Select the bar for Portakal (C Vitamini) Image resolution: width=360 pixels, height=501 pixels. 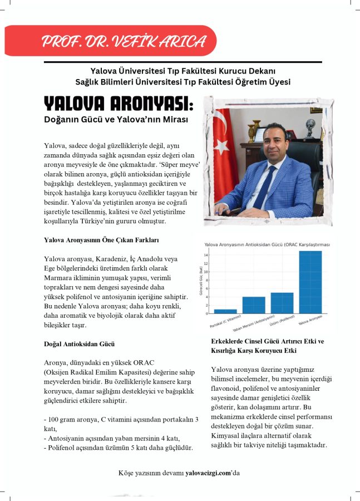[x=225, y=311]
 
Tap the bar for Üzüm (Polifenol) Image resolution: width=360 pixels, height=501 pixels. [x=282, y=303]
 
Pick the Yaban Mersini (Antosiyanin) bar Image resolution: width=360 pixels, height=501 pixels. [x=254, y=305]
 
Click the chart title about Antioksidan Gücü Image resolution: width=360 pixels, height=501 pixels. [x=268, y=244]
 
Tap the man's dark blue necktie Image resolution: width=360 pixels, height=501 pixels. [x=266, y=186]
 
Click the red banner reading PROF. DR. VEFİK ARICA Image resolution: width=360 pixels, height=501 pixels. [x=122, y=41]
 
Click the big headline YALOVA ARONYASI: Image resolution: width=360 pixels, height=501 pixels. [x=119, y=104]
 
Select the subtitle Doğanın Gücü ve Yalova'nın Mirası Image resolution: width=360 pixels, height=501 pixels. [x=116, y=120]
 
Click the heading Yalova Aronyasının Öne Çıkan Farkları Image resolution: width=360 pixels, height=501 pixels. [x=102, y=240]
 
